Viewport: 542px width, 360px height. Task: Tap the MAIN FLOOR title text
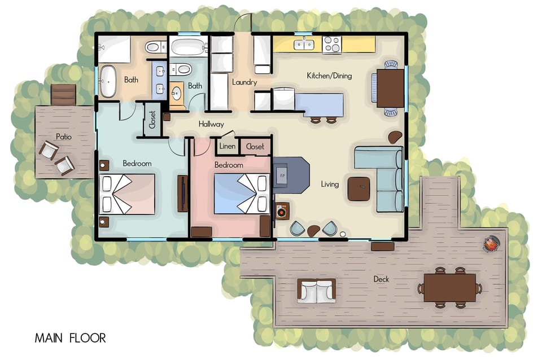tap(70, 339)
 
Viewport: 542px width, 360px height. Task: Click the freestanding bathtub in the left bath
tap(107, 81)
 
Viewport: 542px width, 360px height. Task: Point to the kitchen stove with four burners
tap(332, 45)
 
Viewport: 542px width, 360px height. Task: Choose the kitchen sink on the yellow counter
tap(303, 44)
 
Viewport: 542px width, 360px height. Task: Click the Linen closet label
tap(227, 147)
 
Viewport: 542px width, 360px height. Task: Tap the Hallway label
tap(211, 124)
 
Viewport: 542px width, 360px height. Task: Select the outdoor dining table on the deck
tap(450, 287)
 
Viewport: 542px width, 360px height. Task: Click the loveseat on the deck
tap(316, 291)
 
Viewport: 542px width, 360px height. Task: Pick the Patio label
tap(64, 136)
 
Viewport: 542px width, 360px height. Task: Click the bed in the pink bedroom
tap(241, 193)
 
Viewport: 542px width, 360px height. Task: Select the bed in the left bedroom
tap(127, 194)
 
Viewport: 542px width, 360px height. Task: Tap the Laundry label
tap(244, 82)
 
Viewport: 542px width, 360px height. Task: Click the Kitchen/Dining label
tap(329, 76)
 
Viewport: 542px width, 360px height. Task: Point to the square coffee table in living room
tap(359, 188)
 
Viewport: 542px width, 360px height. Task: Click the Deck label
tap(382, 279)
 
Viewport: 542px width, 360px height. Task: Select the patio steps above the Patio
tap(63, 94)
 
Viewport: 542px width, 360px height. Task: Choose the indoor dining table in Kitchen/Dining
tap(390, 88)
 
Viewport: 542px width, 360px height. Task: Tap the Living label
tap(330, 184)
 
